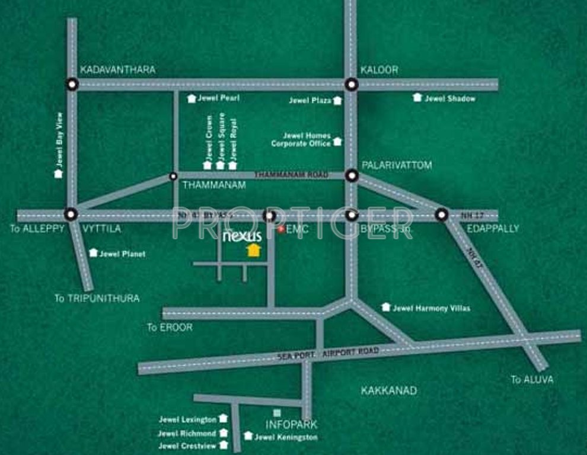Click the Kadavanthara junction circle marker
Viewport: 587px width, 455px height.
pos(72,84)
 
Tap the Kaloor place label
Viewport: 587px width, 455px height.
pos(379,70)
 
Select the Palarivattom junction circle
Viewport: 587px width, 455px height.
pos(352,175)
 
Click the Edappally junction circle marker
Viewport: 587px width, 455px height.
pos(441,214)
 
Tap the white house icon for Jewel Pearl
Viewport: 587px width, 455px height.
pos(192,99)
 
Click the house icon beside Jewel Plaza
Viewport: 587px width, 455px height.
pos(337,101)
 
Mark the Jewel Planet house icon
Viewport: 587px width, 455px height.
pos(93,253)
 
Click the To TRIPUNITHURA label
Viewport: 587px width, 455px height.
pos(97,298)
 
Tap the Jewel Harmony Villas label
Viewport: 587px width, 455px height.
pos(431,308)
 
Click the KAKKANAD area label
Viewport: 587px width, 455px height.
pos(388,390)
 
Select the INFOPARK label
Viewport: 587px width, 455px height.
pos(291,424)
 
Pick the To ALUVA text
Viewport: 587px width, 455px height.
pos(532,380)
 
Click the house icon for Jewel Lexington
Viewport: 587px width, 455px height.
pos(223,419)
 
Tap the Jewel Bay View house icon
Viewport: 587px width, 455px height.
pos(58,174)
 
